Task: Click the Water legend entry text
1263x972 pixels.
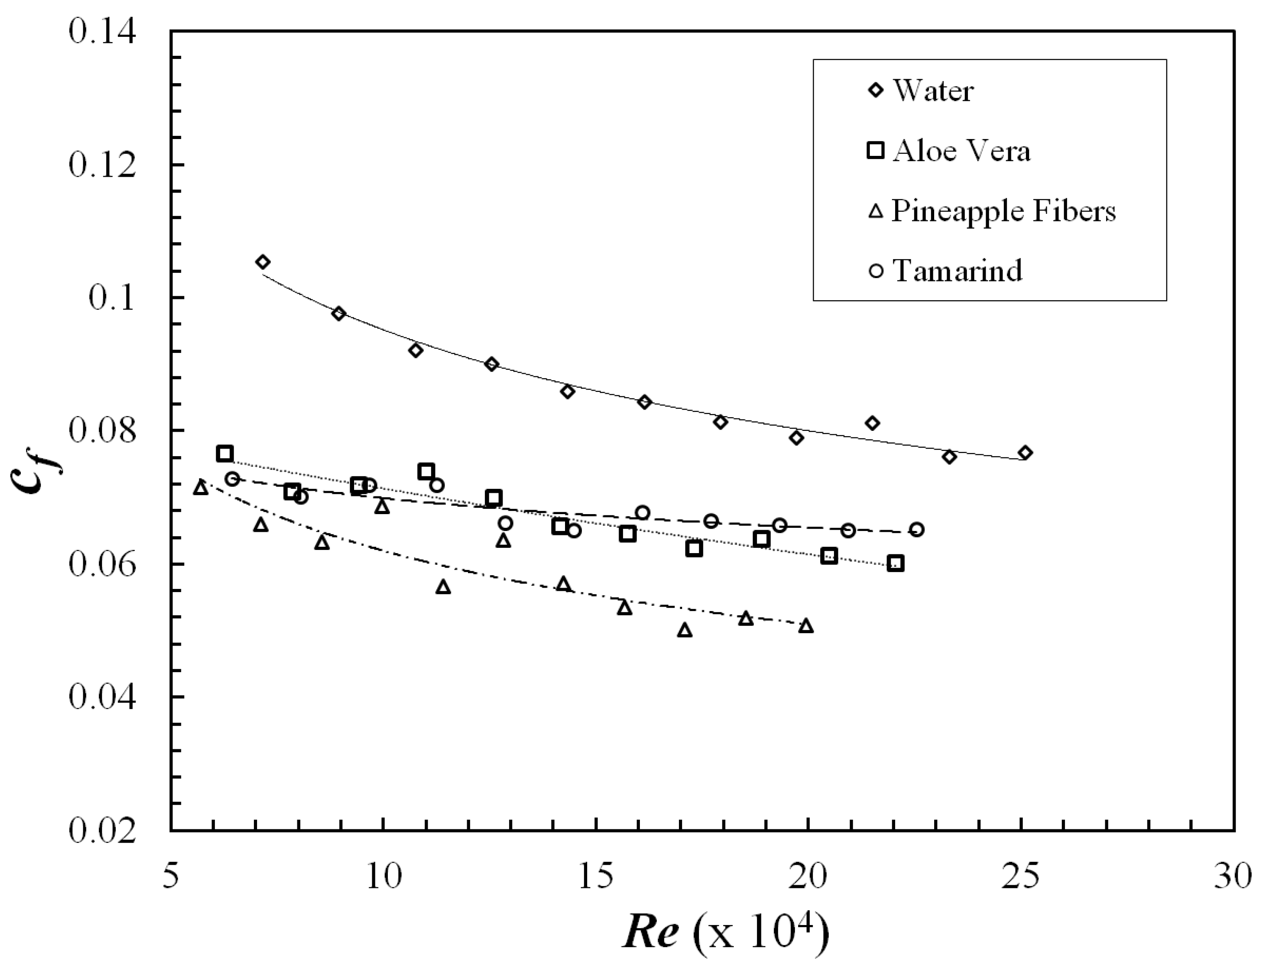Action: pos(933,91)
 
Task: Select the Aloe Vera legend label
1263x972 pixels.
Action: pos(961,151)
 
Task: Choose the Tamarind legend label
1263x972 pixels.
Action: pos(957,271)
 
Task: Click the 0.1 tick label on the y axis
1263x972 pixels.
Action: pos(112,298)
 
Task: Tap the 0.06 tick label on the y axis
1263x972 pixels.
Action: pos(102,564)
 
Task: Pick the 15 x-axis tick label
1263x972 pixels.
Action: pos(596,877)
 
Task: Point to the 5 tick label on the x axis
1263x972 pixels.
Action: pos(171,877)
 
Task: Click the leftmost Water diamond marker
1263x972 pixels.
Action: pos(263,262)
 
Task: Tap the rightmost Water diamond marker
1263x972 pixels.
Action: pos(1025,453)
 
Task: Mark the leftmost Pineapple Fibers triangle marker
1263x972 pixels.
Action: pos(201,488)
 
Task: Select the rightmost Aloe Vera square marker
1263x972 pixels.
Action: pos(896,563)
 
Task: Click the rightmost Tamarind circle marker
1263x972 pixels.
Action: pos(916,529)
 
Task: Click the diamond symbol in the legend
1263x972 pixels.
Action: pos(877,90)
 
